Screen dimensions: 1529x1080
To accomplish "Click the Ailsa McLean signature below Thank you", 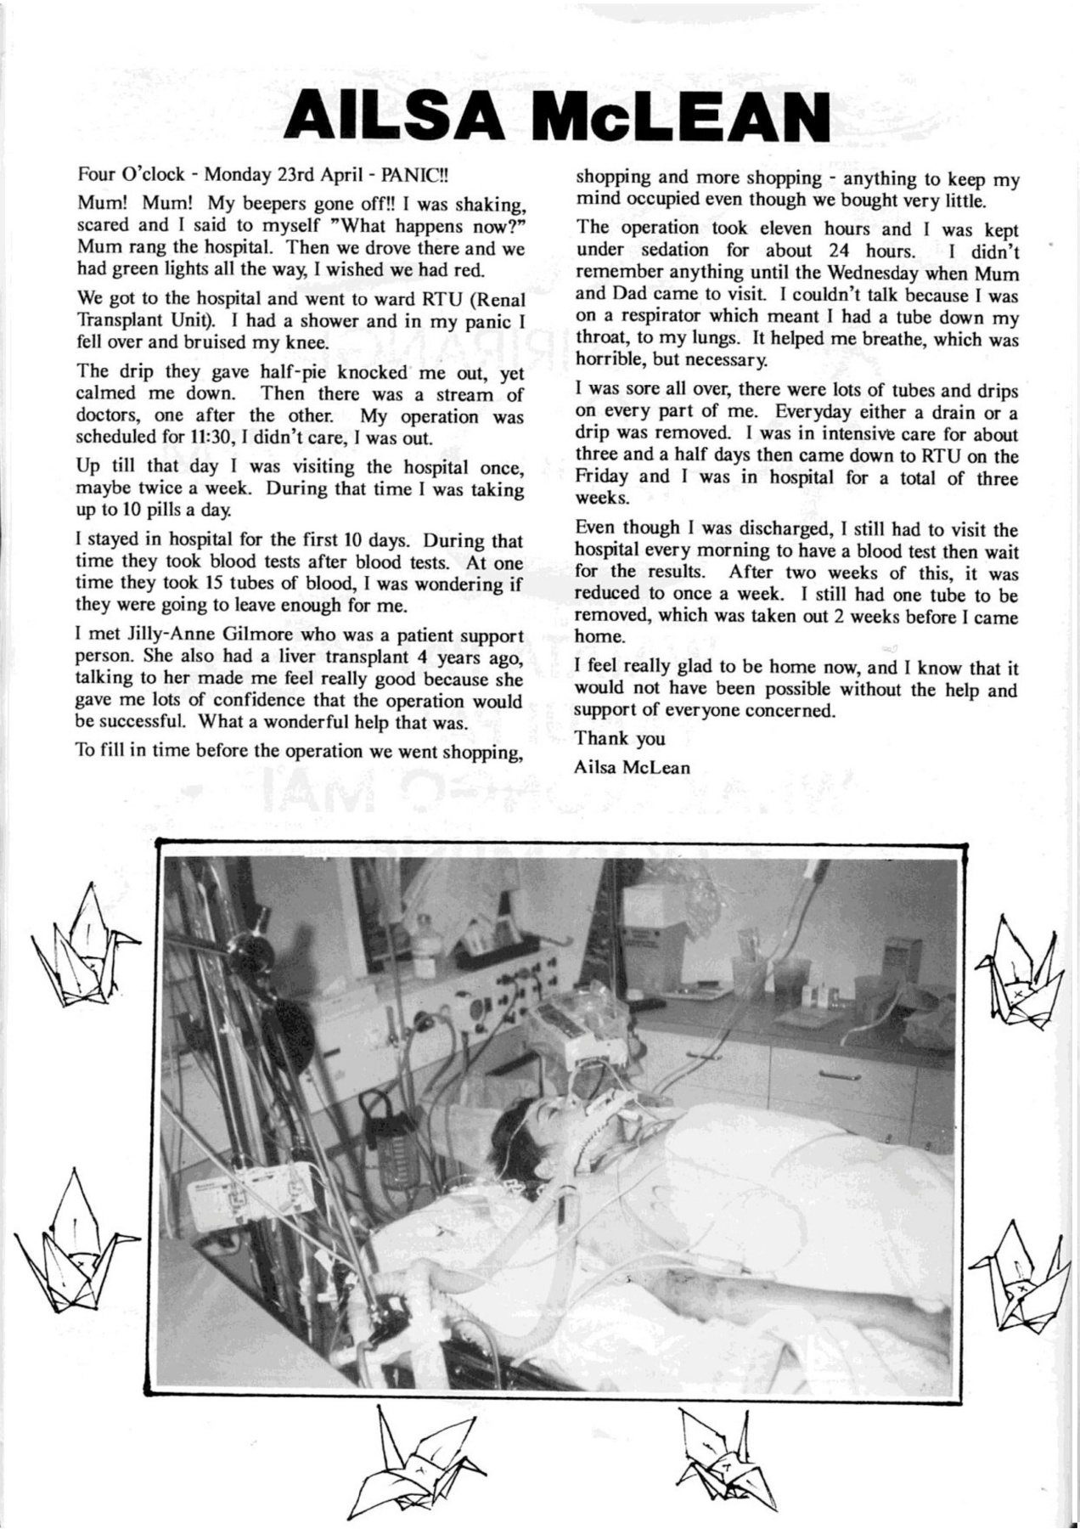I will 633,766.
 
